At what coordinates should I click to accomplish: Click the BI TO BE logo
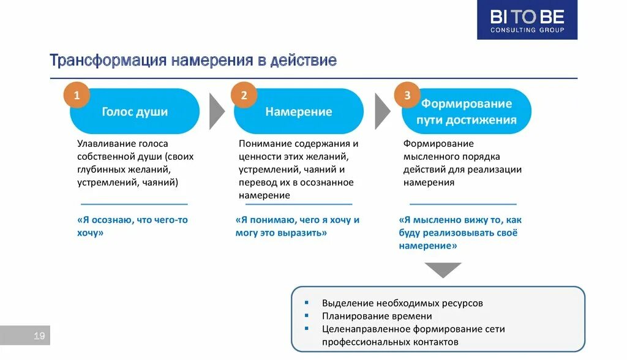(527, 20)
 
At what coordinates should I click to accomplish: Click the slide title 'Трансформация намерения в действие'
(193, 61)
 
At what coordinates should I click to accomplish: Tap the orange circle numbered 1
(77, 95)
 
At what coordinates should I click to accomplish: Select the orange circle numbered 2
(244, 95)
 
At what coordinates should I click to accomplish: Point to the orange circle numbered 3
(407, 95)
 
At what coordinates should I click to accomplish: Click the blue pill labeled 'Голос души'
(135, 111)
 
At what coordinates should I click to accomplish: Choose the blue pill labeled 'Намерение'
(299, 111)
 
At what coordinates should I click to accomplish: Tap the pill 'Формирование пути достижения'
(467, 111)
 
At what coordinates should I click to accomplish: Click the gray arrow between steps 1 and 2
(217, 111)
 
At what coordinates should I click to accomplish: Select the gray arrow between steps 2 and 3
(381, 111)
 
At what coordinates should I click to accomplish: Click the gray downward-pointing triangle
(443, 269)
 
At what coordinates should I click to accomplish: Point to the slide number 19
(39, 336)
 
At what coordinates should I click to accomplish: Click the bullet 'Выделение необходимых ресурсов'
(402, 303)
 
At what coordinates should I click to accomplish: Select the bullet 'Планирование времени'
(377, 316)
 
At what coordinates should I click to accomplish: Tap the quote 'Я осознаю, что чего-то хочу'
(132, 226)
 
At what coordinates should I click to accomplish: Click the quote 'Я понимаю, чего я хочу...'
(297, 226)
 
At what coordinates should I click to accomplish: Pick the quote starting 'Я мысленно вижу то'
(460, 233)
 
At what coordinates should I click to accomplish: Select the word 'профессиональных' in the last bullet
(362, 342)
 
